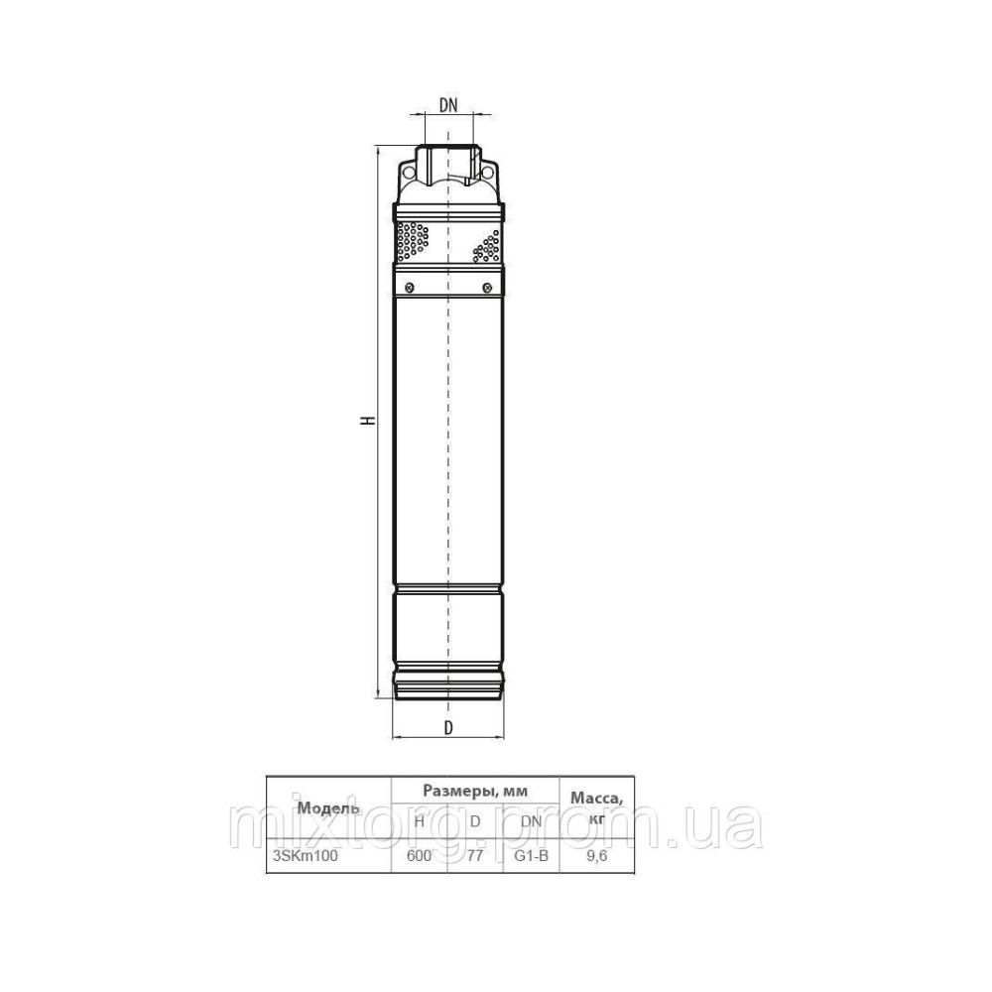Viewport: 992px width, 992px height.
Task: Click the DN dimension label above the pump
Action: [x=448, y=105]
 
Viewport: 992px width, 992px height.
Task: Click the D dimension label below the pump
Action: [x=448, y=728]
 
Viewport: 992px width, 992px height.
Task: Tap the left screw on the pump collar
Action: [x=410, y=288]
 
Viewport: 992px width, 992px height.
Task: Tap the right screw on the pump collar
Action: [x=487, y=288]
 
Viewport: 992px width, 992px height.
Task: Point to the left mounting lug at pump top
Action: [x=407, y=172]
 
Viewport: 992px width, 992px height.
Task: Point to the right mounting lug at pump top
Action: [x=490, y=172]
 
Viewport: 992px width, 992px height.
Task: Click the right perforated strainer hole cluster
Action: [x=487, y=247]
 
